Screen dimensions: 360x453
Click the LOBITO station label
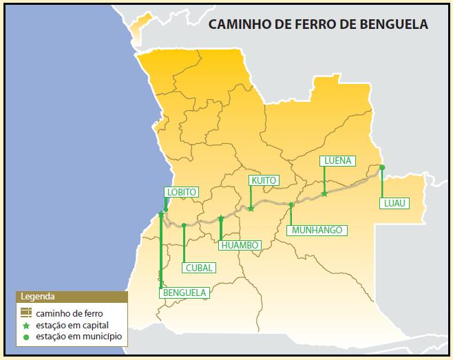click(x=182, y=192)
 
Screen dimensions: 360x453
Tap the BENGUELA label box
click(x=184, y=293)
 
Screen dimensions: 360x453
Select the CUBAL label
click(x=199, y=268)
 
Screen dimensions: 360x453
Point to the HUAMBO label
click(x=239, y=245)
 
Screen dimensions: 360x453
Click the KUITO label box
click(x=264, y=180)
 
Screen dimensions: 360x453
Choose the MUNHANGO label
click(x=316, y=230)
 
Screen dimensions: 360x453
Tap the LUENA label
click(x=337, y=160)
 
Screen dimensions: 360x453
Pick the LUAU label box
click(x=394, y=203)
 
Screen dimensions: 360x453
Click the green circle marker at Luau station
click(x=381, y=167)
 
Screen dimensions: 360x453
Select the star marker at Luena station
click(x=324, y=194)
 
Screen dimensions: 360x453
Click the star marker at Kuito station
click(x=251, y=208)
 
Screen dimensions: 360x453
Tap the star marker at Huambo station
click(x=221, y=218)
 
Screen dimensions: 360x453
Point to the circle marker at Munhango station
click(x=291, y=204)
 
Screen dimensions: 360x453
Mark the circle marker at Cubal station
click(x=184, y=224)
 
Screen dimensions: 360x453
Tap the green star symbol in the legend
click(x=27, y=325)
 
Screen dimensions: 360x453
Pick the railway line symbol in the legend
click(x=27, y=313)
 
